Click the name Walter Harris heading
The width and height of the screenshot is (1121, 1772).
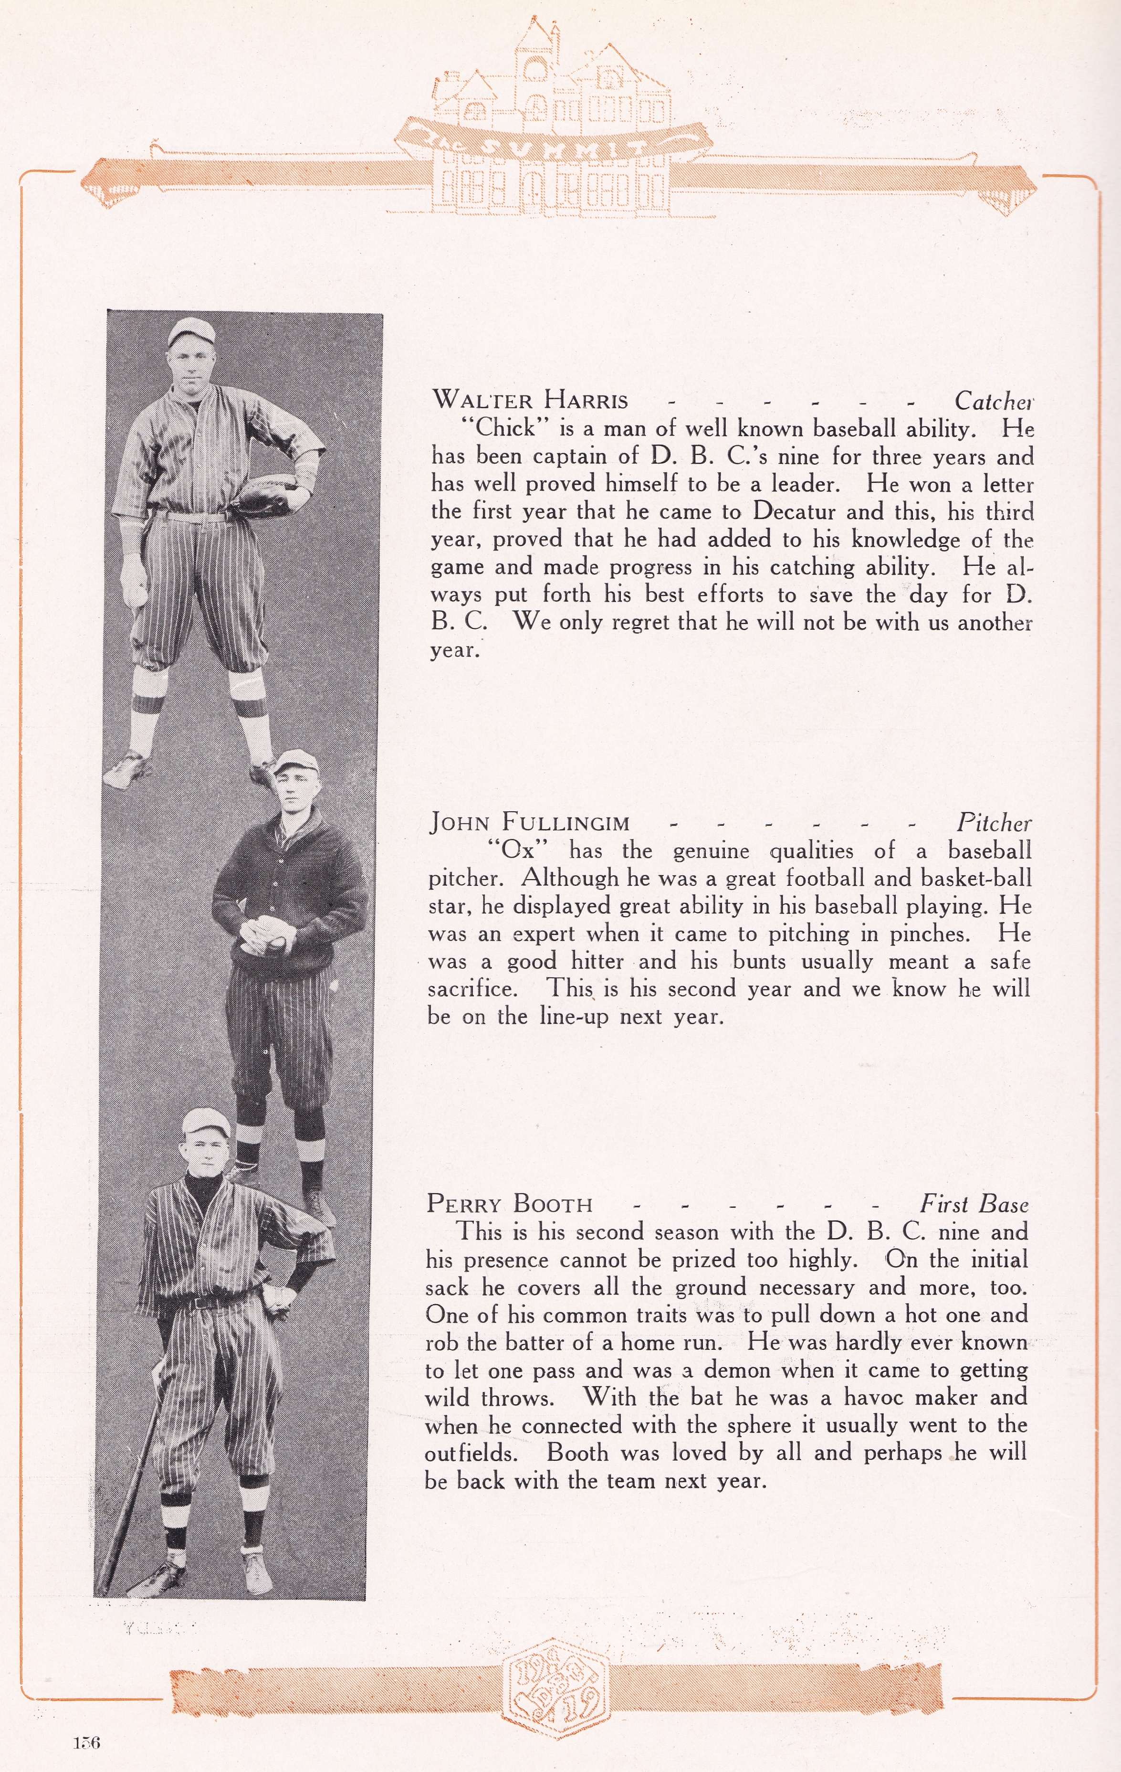point(530,400)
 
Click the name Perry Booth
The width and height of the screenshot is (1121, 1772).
point(509,1204)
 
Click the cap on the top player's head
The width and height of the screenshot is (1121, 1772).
point(191,331)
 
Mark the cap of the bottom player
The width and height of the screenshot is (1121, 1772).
point(207,1121)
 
